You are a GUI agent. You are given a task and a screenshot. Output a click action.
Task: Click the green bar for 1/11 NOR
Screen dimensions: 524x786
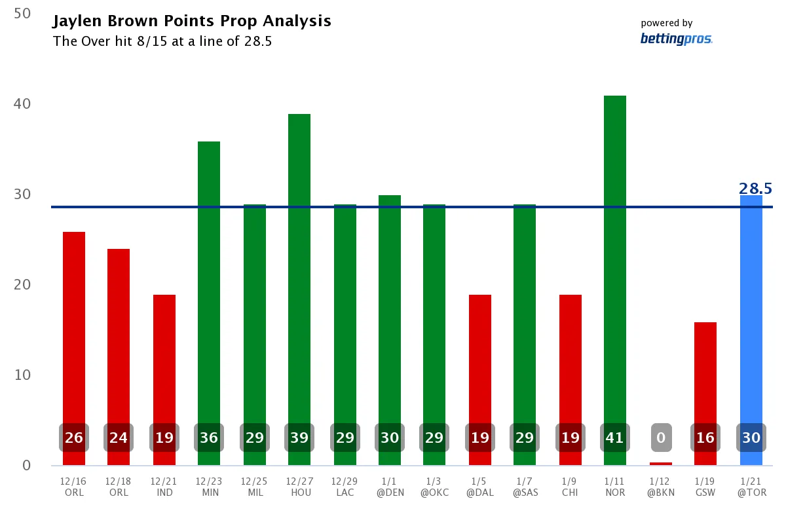click(x=615, y=262)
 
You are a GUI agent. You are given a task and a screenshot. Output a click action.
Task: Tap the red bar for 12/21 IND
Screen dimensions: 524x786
click(x=164, y=367)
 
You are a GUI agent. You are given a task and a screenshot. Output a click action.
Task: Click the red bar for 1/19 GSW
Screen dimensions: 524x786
click(x=705, y=380)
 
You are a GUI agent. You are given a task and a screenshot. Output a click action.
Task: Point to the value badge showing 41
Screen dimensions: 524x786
click(x=615, y=438)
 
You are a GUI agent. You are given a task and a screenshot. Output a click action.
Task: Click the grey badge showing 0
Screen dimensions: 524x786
click(x=661, y=438)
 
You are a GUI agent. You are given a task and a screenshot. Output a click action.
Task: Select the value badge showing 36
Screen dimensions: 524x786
click(x=209, y=438)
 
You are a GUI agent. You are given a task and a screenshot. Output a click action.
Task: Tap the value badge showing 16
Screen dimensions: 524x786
click(x=705, y=438)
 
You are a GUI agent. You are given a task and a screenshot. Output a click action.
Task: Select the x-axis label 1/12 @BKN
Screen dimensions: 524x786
click(x=661, y=487)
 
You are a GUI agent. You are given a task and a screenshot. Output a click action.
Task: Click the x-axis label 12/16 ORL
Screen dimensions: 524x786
click(x=74, y=487)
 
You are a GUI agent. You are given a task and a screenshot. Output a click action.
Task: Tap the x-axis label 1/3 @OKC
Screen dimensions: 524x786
click(x=434, y=487)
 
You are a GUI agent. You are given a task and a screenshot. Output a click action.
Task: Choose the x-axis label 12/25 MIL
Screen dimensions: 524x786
click(x=255, y=487)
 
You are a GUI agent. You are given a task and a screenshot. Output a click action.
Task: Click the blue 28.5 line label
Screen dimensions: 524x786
click(x=755, y=189)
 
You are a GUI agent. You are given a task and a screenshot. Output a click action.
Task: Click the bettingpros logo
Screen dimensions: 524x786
click(x=676, y=39)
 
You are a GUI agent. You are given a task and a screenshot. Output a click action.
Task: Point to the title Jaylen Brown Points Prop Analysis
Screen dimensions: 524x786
click(x=192, y=21)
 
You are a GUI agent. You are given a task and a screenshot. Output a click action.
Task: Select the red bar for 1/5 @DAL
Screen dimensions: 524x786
click(x=480, y=367)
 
